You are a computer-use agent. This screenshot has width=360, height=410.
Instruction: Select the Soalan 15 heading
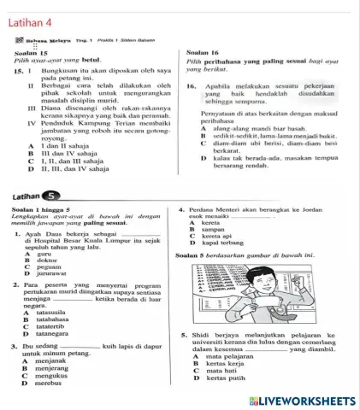tap(30, 53)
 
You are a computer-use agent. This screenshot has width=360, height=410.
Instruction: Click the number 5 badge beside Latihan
tap(55, 194)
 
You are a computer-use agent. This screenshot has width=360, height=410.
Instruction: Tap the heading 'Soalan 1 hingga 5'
tap(42, 208)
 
